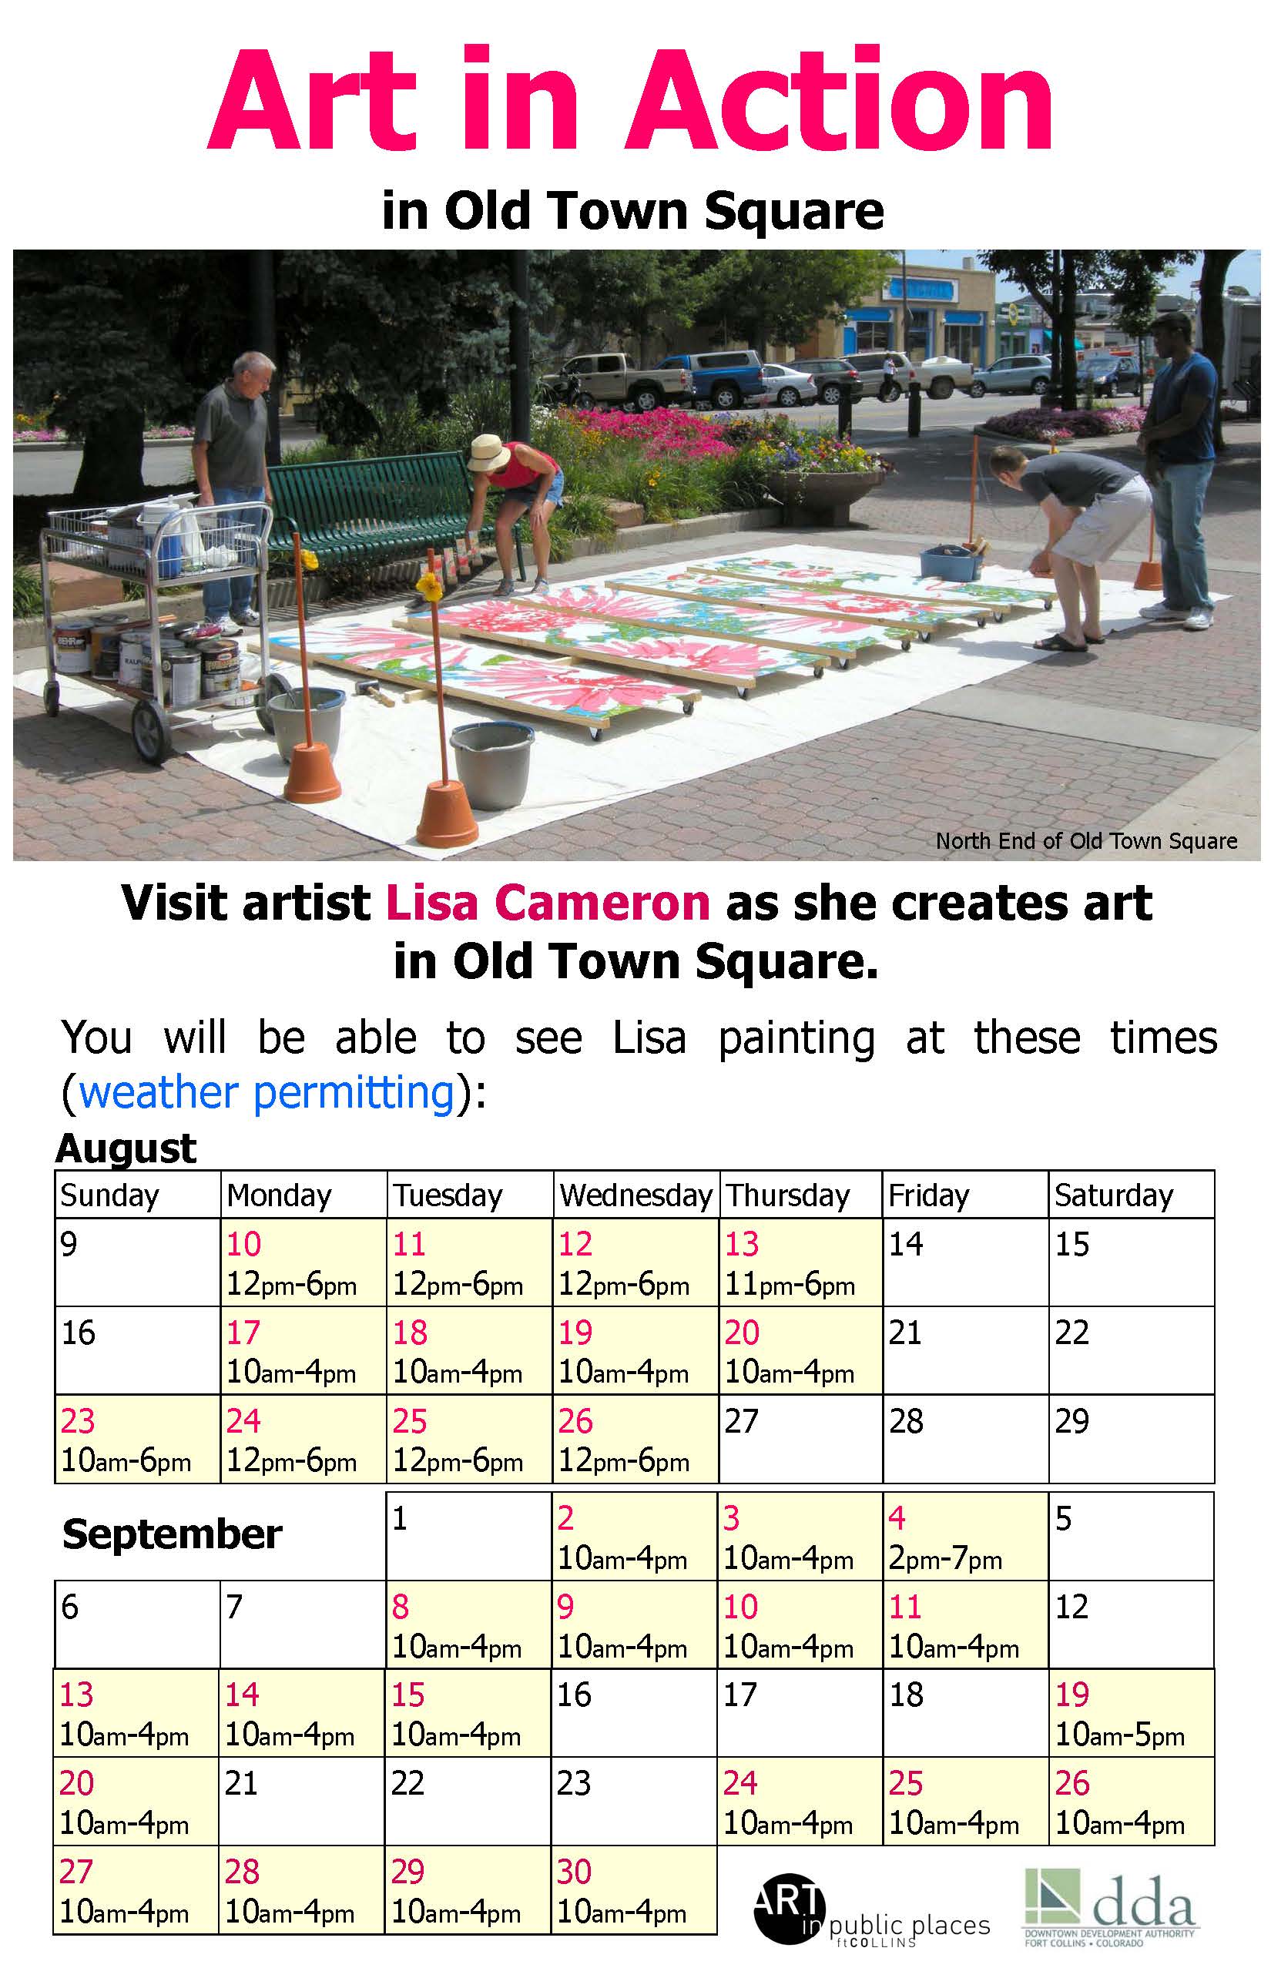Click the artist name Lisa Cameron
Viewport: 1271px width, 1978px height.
coord(548,903)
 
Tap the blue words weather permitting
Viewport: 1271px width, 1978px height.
coord(267,1094)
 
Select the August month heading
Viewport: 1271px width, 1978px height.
coord(126,1148)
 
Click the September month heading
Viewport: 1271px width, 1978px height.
coord(172,1534)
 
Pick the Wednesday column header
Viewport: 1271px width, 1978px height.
coord(635,1195)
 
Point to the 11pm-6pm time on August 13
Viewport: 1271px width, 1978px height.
coord(790,1284)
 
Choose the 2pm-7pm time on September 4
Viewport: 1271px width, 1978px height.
coord(945,1559)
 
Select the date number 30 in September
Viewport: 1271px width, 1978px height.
coord(575,1872)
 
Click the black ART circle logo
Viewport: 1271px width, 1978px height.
coord(789,1908)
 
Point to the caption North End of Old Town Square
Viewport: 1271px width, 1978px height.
coord(1086,841)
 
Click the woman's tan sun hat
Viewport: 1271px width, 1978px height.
coord(488,453)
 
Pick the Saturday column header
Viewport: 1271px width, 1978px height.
coord(1113,1195)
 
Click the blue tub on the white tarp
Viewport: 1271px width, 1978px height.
coord(951,564)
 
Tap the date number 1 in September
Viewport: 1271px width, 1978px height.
coord(400,1517)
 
